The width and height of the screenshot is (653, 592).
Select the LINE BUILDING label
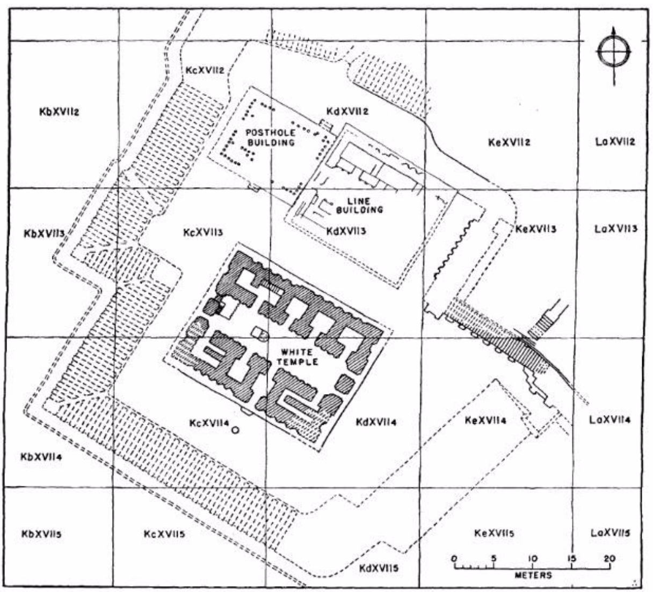359,205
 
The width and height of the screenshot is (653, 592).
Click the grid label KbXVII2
59,113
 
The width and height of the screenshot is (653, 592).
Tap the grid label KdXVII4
376,422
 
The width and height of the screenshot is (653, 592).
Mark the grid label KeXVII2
510,143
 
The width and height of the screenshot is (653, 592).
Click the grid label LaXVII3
615,229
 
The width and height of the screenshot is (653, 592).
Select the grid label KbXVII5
41,534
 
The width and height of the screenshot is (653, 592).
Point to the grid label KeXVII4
485,420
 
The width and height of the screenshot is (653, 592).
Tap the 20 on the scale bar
609,558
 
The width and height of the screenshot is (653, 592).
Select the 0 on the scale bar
454,558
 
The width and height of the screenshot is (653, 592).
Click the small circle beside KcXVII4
235,430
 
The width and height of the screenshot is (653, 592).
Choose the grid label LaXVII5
610,533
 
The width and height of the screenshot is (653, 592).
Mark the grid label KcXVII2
205,70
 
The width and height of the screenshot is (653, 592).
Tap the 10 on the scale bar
532,558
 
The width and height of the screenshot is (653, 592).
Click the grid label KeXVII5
495,534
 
